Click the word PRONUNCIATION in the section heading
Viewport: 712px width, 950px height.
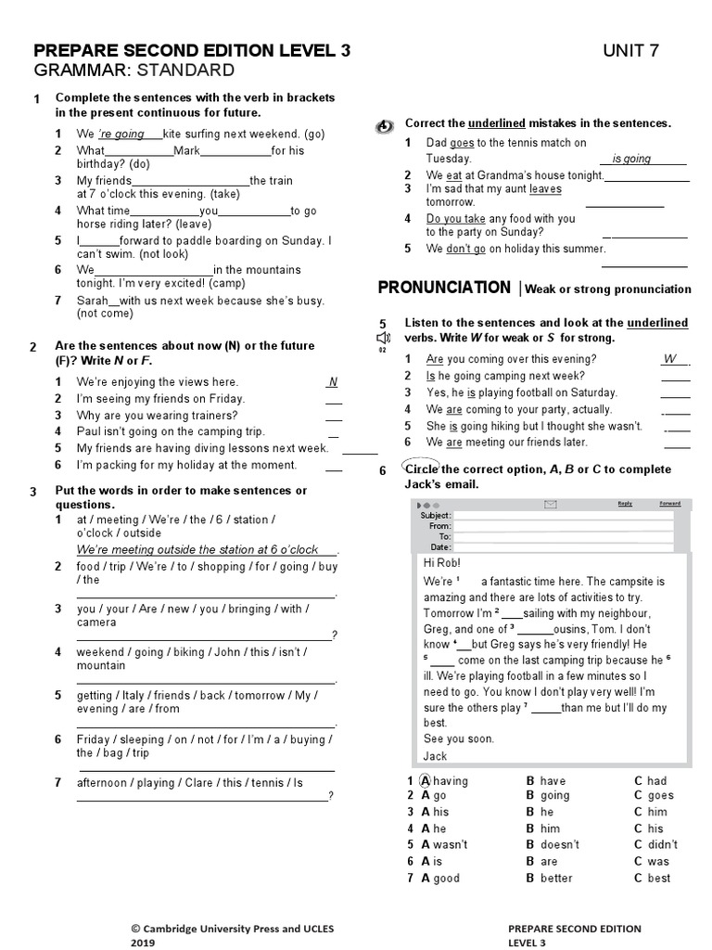pos(444,288)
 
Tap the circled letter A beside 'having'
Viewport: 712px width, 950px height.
pos(426,780)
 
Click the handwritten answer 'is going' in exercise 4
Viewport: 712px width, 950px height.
pos(631,159)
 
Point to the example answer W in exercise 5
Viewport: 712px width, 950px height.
pos(671,359)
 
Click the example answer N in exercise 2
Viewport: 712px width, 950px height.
pos(333,382)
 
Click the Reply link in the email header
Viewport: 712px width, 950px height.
pos(625,504)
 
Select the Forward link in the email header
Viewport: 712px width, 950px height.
pos(669,504)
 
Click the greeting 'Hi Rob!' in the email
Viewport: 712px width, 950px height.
pos(440,564)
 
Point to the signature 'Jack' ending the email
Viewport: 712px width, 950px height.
pos(435,756)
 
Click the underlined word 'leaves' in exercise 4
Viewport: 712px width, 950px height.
pos(545,188)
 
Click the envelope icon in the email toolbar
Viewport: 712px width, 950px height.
pos(551,505)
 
